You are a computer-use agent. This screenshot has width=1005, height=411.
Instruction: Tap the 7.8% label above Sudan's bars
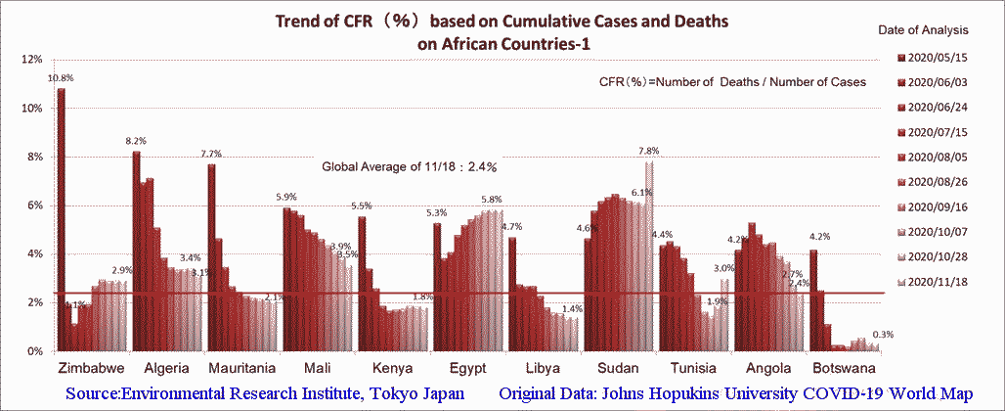[648, 151]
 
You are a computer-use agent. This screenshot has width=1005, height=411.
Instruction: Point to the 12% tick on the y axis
[31, 60]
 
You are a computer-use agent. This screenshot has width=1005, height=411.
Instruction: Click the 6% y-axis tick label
[34, 205]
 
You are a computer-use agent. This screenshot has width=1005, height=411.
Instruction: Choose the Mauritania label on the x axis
[243, 369]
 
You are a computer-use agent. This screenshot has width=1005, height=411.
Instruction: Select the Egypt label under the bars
[469, 369]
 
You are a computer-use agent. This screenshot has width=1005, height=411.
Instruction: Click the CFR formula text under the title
[732, 82]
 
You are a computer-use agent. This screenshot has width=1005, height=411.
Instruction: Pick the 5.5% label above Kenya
[361, 206]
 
